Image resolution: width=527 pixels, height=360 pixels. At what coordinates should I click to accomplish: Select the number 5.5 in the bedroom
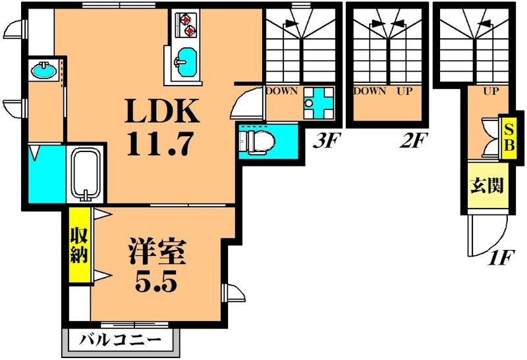pos(157,282)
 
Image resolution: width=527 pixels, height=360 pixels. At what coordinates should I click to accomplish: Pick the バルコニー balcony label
pos(121,342)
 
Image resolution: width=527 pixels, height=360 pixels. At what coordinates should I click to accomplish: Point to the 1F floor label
pos(500,257)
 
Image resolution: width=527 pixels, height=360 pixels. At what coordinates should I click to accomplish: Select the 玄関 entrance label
pos(487,186)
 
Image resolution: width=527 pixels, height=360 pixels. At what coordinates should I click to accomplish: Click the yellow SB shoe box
pos(507,138)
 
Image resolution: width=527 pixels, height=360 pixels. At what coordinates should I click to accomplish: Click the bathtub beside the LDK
pos(85,174)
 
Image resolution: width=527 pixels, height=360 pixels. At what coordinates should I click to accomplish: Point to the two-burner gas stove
pos(186,24)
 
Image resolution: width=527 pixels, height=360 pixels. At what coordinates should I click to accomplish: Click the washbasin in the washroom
pos(43,70)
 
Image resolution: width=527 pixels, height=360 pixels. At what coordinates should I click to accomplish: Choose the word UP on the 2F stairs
pos(404,91)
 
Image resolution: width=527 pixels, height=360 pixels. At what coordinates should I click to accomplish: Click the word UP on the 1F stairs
pos(491,91)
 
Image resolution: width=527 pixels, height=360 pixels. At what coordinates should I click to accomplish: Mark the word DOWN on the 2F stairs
pos(370,91)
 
